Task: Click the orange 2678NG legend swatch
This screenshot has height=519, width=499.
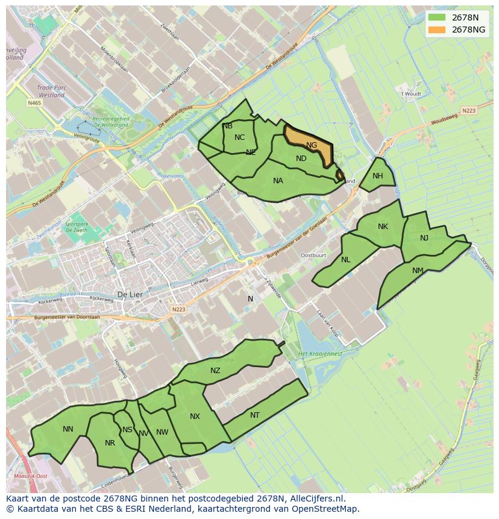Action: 438,30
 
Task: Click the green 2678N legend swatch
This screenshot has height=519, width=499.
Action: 438,17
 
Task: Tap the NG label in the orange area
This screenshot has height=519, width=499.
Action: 312,145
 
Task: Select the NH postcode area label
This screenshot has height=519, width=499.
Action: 378,176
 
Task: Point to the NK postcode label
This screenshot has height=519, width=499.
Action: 383,227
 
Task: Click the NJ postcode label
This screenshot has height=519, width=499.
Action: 424,238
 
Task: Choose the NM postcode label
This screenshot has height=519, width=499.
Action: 418,271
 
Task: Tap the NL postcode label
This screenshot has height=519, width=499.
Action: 345,260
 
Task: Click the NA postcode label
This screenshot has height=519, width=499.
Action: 278,181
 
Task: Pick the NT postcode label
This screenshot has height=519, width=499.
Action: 255,415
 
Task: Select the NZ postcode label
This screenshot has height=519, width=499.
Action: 215,371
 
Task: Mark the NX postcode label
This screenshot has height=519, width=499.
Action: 195,417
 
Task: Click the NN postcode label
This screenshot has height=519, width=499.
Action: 68,429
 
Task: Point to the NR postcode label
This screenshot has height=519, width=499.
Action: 110,443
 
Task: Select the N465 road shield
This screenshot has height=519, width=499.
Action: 34,104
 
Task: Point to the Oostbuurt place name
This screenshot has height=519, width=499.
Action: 313,255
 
